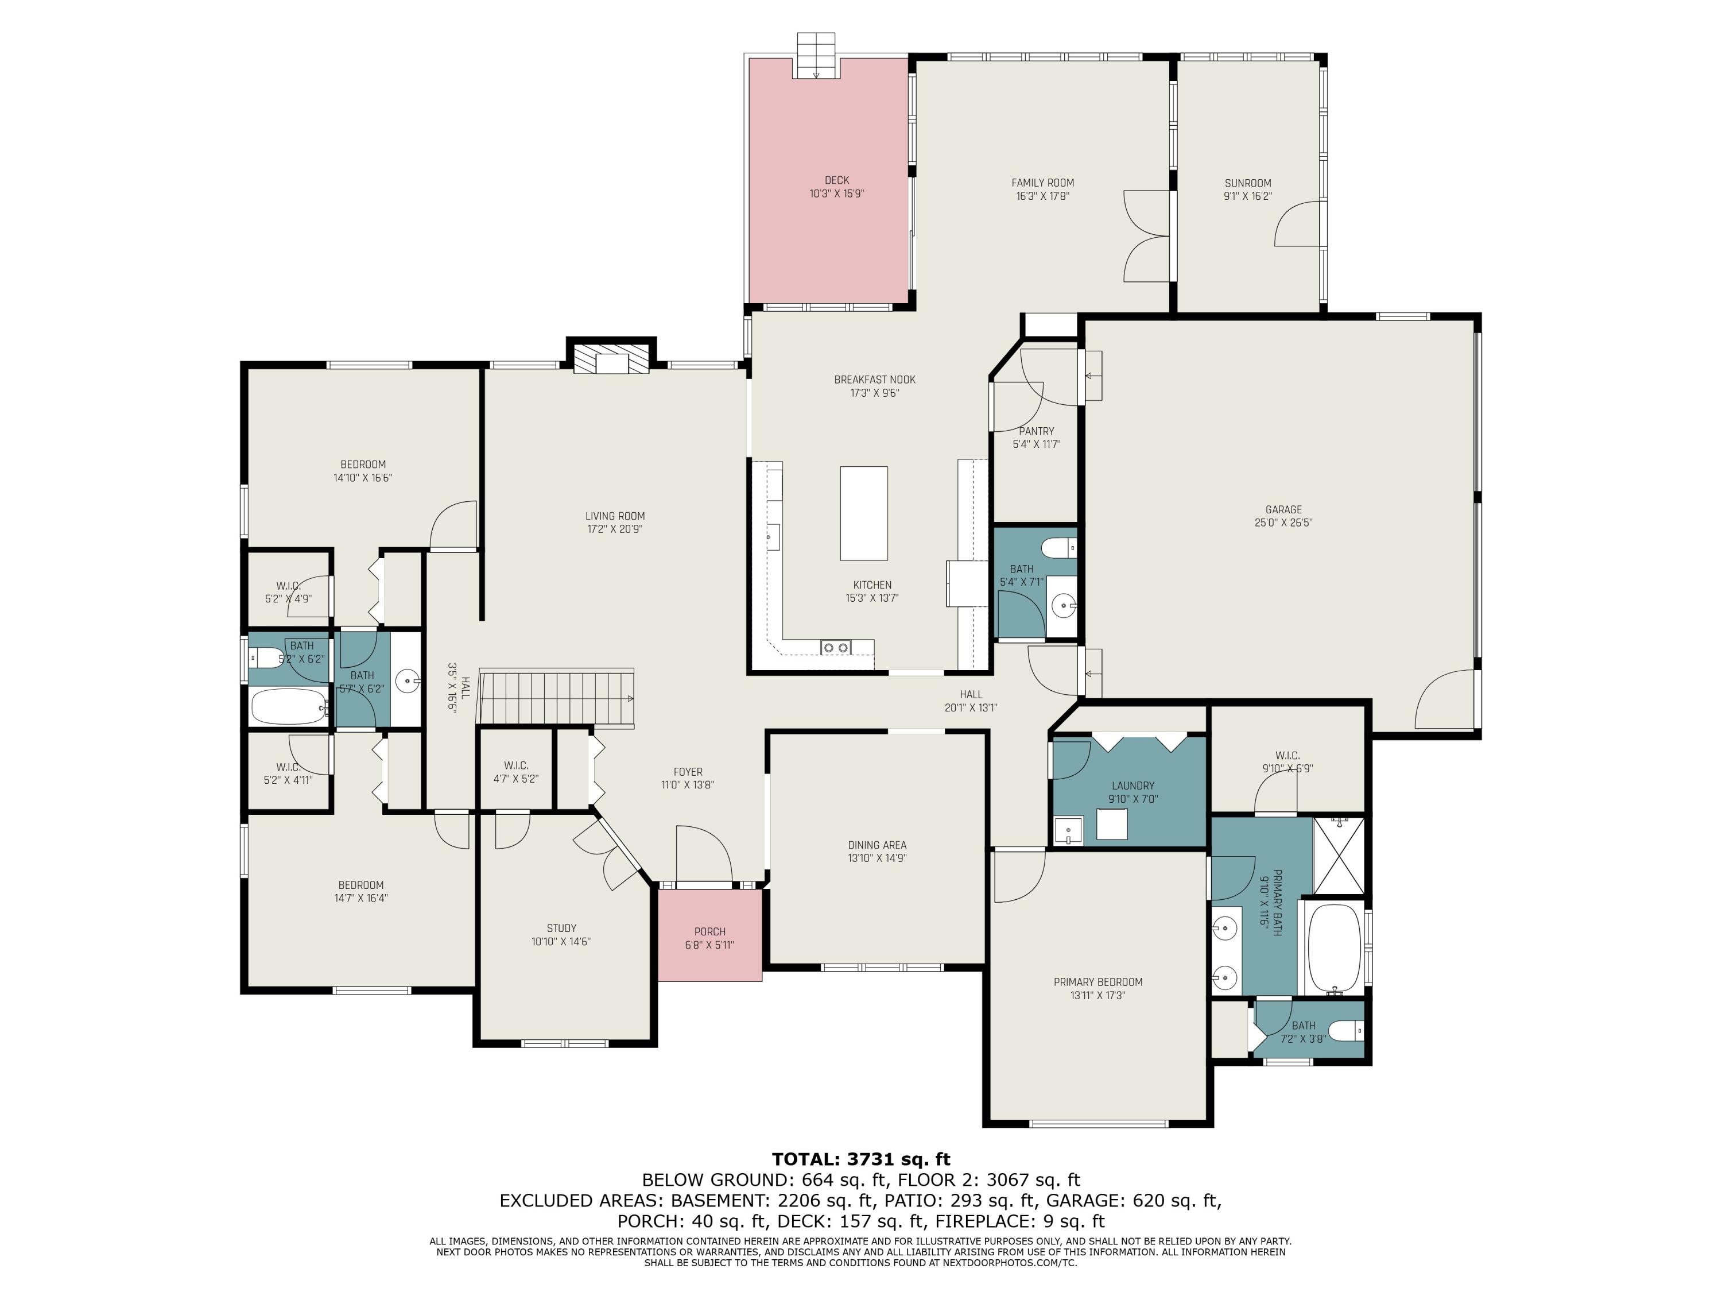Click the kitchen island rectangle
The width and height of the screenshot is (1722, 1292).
pos(863,513)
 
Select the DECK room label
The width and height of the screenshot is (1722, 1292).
pos(837,180)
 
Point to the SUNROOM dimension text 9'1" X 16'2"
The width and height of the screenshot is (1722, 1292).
pos(1247,196)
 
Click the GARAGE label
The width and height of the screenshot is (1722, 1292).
pos(1283,509)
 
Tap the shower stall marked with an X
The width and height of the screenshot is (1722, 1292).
pos(1339,855)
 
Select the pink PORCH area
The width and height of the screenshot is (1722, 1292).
pos(710,935)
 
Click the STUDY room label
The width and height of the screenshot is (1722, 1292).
pos(561,929)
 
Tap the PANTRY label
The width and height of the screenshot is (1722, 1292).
pos(1036,431)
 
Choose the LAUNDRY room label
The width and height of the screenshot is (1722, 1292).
pos(1133,786)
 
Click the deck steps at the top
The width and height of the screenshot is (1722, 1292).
pos(816,55)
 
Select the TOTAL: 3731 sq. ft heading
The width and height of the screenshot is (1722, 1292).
pos(861,1159)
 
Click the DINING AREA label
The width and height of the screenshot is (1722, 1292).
pos(877,845)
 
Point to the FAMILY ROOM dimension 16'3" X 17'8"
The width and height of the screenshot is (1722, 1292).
pos(1042,196)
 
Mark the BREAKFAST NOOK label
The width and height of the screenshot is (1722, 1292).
pos(875,379)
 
